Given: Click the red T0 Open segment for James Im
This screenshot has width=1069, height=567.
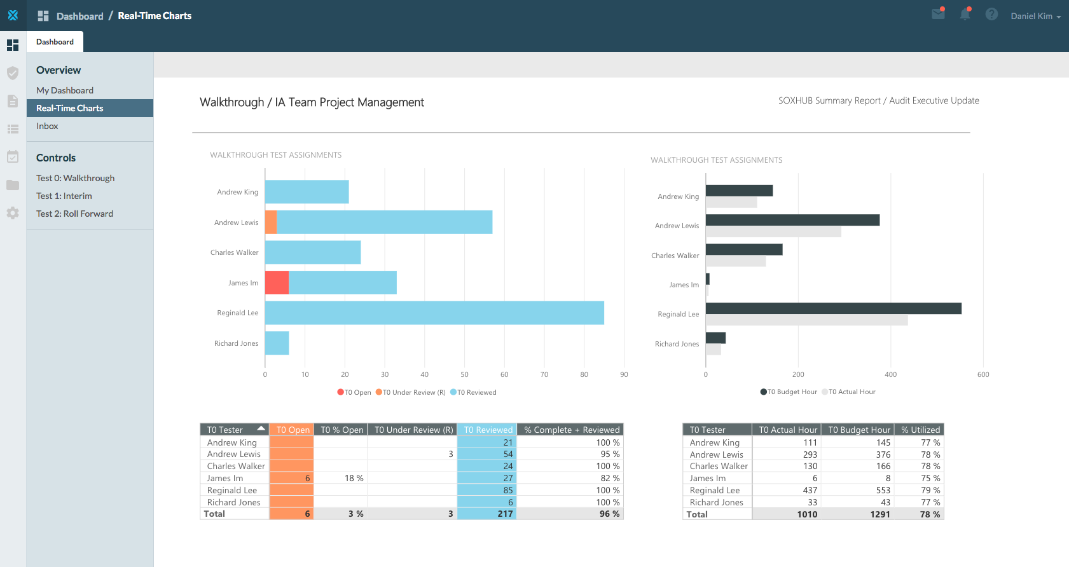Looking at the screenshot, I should (277, 282).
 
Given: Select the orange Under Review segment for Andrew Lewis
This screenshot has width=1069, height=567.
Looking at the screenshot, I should (271, 222).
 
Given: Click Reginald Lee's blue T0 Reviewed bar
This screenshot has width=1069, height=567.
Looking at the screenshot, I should (434, 313).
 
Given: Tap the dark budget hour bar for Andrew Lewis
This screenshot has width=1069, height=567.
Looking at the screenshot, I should (792, 220).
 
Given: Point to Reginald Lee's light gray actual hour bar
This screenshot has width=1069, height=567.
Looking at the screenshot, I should (806, 320).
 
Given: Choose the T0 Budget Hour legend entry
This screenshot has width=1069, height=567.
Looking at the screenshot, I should (789, 392).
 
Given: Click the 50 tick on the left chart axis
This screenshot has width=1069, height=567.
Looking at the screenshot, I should (464, 374).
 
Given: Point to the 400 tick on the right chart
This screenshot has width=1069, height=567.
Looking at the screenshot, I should (890, 374).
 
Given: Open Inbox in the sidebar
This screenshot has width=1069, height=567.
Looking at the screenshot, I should (47, 126).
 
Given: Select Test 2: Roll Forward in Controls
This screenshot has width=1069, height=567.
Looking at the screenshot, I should (74, 214).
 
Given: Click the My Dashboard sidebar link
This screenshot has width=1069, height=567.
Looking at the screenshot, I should (64, 90).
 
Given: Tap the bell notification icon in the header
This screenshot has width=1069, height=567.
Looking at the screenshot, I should (965, 14).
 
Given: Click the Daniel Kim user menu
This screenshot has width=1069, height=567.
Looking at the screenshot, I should (1035, 16).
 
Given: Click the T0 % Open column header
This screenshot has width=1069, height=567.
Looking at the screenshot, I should (341, 430).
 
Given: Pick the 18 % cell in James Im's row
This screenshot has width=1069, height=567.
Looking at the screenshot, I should (354, 478).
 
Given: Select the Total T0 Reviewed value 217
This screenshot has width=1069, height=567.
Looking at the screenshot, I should (505, 514).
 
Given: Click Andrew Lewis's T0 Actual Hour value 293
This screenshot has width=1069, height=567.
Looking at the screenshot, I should (810, 454).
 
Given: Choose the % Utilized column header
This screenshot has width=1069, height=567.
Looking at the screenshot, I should (920, 430).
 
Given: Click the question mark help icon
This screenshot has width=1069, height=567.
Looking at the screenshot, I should (991, 14).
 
